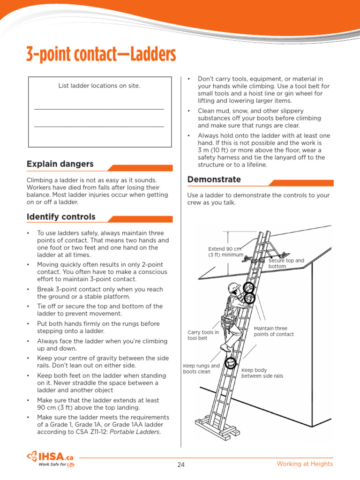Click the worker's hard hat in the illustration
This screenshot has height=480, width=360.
click(234, 287)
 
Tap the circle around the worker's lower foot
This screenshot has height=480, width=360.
click(230, 363)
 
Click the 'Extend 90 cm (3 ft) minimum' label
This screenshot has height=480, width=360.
click(225, 252)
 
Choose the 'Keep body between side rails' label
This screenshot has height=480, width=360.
click(262, 373)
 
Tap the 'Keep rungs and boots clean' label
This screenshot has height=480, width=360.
click(201, 369)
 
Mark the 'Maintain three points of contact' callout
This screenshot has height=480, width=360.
click(274, 331)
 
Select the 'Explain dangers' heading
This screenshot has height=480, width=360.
click(60, 164)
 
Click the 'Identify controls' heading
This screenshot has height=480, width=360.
click(61, 217)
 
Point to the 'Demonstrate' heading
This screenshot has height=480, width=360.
click(214, 180)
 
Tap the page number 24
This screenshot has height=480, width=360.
click(181, 465)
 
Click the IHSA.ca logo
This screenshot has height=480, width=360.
click(51, 457)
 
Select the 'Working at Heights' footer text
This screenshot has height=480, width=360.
click(305, 464)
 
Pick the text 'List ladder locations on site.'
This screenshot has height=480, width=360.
click(99, 86)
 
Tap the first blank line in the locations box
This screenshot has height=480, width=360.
click(99, 109)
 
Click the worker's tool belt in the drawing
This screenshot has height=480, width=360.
click(228, 321)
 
